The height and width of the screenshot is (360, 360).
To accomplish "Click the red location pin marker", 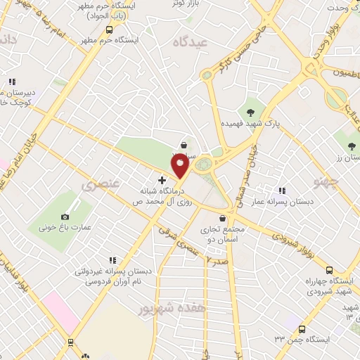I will (x=181, y=166).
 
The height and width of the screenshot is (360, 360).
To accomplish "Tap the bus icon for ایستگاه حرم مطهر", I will (x=109, y=30).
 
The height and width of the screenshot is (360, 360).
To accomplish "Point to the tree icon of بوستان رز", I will (x=352, y=146).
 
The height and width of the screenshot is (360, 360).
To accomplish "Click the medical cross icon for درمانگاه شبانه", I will (x=162, y=181).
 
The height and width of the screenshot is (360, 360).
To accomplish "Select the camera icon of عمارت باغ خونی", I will (x=65, y=217).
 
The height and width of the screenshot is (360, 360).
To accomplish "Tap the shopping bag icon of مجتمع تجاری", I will (x=223, y=218).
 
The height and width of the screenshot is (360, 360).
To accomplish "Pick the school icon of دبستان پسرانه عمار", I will (x=282, y=191).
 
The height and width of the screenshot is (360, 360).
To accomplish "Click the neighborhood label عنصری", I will (x=98, y=186).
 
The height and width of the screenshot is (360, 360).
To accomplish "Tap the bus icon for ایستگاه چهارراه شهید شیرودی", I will (x=329, y=270).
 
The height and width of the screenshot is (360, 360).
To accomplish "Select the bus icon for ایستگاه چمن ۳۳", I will (x=302, y=329).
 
